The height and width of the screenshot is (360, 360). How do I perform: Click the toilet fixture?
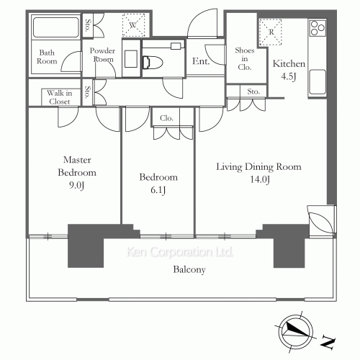(x=152, y=63)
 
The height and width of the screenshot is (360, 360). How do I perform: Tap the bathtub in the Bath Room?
(x=56, y=27)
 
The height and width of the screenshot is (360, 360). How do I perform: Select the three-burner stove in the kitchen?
(x=318, y=28)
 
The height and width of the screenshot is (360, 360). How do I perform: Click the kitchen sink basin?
(x=318, y=82)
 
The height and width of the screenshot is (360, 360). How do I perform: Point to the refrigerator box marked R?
(x=271, y=32)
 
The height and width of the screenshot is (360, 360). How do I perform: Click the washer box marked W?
(x=134, y=25)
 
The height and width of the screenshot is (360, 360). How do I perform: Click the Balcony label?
(x=189, y=270)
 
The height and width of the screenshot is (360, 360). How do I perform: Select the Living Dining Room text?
(x=258, y=167)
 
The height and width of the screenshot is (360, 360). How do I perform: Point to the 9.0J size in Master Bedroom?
(x=77, y=186)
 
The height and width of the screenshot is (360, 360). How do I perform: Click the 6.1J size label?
(x=158, y=190)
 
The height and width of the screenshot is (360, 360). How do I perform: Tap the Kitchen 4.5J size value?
(x=289, y=76)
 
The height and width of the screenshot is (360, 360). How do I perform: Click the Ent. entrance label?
(x=201, y=61)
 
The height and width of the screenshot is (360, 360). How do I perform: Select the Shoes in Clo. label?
(x=245, y=59)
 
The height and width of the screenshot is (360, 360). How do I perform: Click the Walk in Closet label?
(x=60, y=97)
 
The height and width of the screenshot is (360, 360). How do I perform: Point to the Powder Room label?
(x=102, y=55)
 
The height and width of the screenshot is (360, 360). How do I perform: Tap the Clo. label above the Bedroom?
(x=166, y=118)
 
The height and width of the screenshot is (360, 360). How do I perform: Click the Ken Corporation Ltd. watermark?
(x=180, y=252)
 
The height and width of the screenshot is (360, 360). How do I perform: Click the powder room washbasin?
(x=131, y=59)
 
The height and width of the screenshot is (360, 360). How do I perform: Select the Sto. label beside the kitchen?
(x=253, y=91)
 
